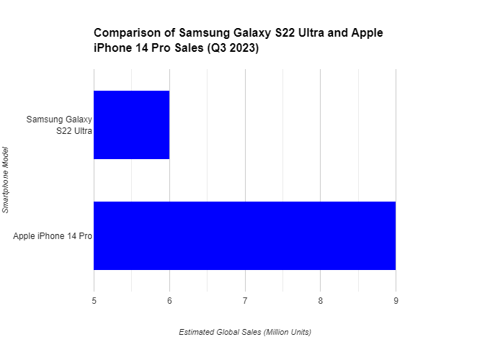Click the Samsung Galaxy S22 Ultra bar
tap(131, 125)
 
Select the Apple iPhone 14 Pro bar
tap(244, 235)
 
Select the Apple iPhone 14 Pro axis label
tap(52, 236)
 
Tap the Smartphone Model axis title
tap(6, 180)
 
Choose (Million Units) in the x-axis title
tap(287, 332)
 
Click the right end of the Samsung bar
tap(169, 125)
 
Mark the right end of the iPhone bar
tap(395, 235)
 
